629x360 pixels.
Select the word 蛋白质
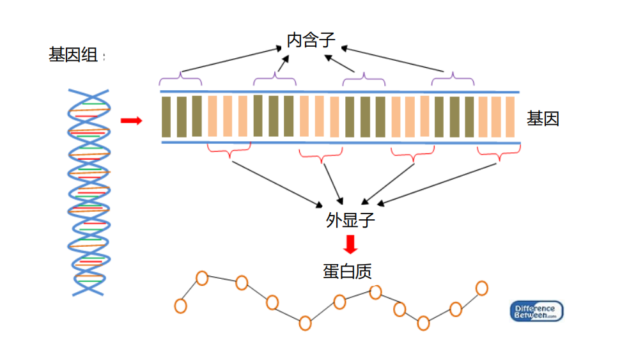[x=347, y=271]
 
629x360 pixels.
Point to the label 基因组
[x=74, y=55]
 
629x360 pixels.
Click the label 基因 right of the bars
[x=543, y=118]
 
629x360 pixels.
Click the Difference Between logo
[x=537, y=311]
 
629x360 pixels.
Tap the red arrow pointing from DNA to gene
[x=131, y=120]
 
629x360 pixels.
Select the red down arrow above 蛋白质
[x=350, y=244]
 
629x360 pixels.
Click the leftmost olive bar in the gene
[x=166, y=116]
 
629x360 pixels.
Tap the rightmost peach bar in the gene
[x=510, y=116]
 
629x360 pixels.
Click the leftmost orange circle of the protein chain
[x=180, y=306]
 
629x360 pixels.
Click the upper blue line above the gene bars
[x=339, y=92]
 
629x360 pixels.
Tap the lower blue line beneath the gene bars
[x=339, y=141]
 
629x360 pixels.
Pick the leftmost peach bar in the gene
[x=212, y=116]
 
